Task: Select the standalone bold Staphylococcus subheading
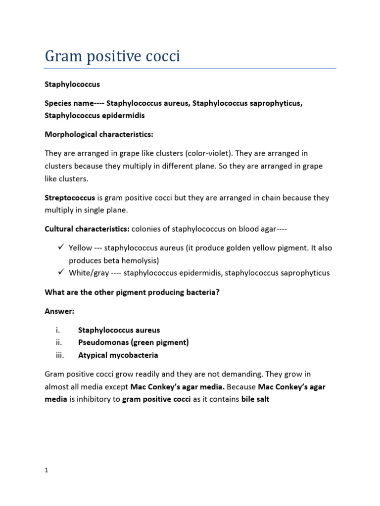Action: coord(72,85)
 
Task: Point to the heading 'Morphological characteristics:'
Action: coord(99,134)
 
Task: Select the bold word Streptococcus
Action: coord(70,198)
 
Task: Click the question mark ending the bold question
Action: coord(218,292)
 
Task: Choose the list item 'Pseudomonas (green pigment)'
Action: coord(134,342)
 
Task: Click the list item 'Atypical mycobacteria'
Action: coord(118,355)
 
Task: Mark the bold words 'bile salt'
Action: coord(255,399)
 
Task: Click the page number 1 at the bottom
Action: coord(46,470)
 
